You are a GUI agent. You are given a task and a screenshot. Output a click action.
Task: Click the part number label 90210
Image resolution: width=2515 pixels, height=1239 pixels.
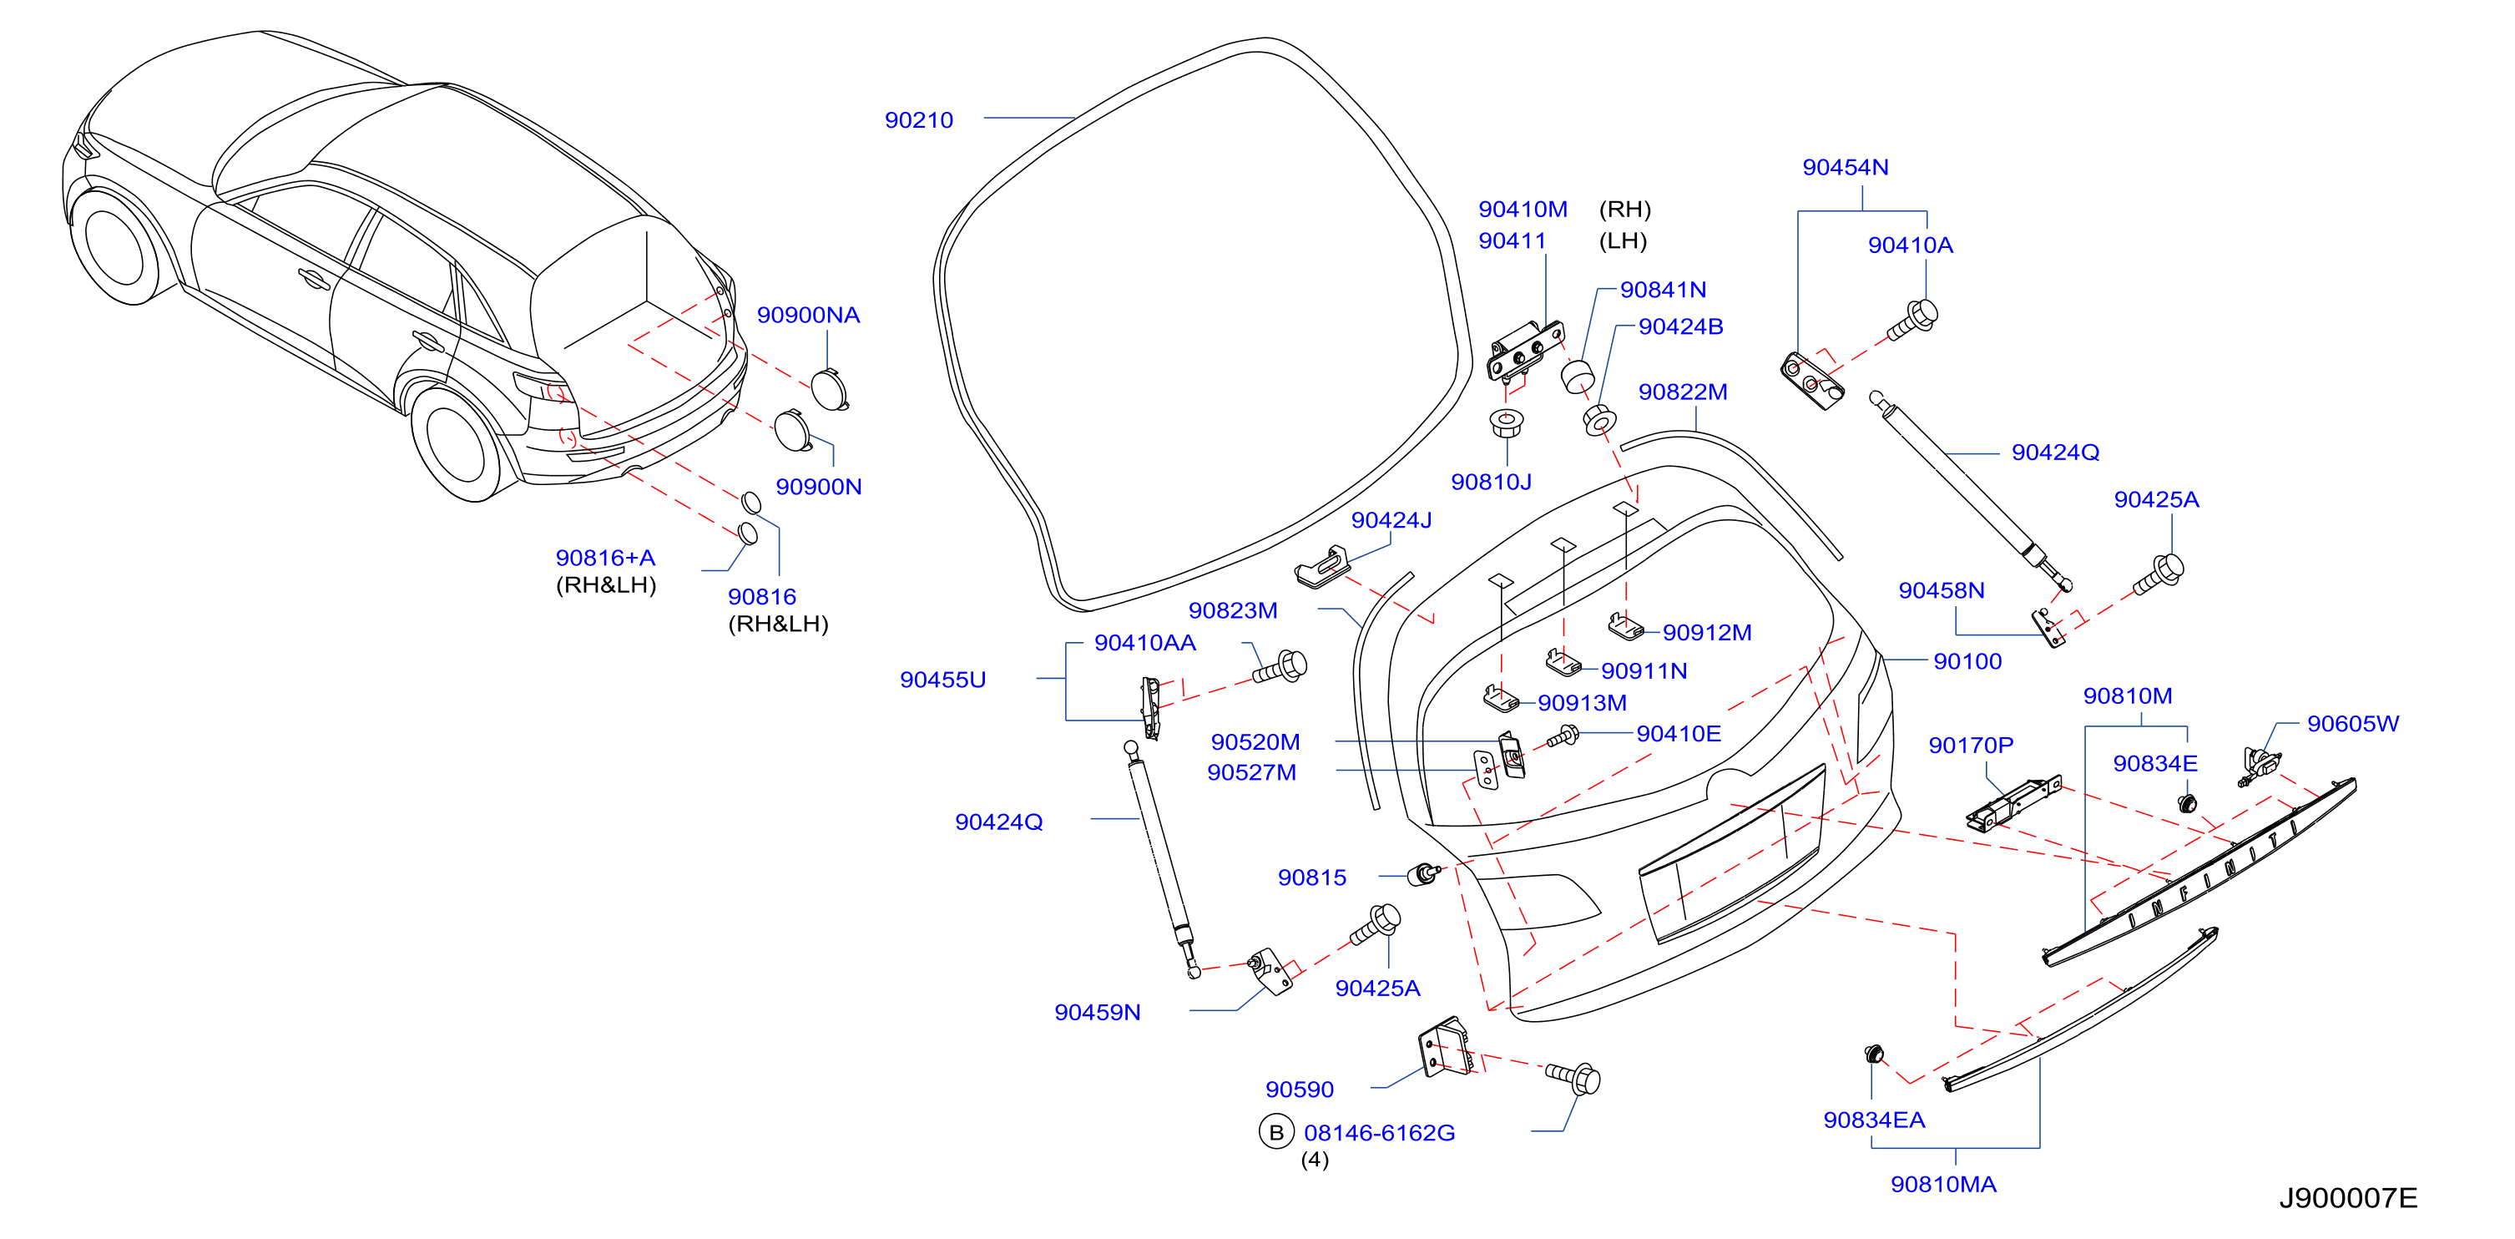pyautogui.click(x=919, y=120)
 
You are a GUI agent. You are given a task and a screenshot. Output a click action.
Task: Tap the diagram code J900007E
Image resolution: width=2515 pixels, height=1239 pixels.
pyautogui.click(x=2348, y=1198)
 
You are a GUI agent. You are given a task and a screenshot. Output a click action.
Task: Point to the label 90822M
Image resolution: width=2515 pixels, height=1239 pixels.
pyautogui.click(x=1683, y=392)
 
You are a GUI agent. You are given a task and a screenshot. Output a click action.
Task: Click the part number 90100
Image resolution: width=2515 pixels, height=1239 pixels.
pyautogui.click(x=1967, y=661)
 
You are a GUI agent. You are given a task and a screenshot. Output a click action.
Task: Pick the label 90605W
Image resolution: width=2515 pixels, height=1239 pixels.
pyautogui.click(x=2353, y=724)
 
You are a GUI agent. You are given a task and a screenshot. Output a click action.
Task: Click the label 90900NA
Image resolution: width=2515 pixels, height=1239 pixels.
pyautogui.click(x=808, y=315)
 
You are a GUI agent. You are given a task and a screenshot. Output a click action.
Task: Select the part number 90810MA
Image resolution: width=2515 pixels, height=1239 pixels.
pyautogui.click(x=1944, y=1185)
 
